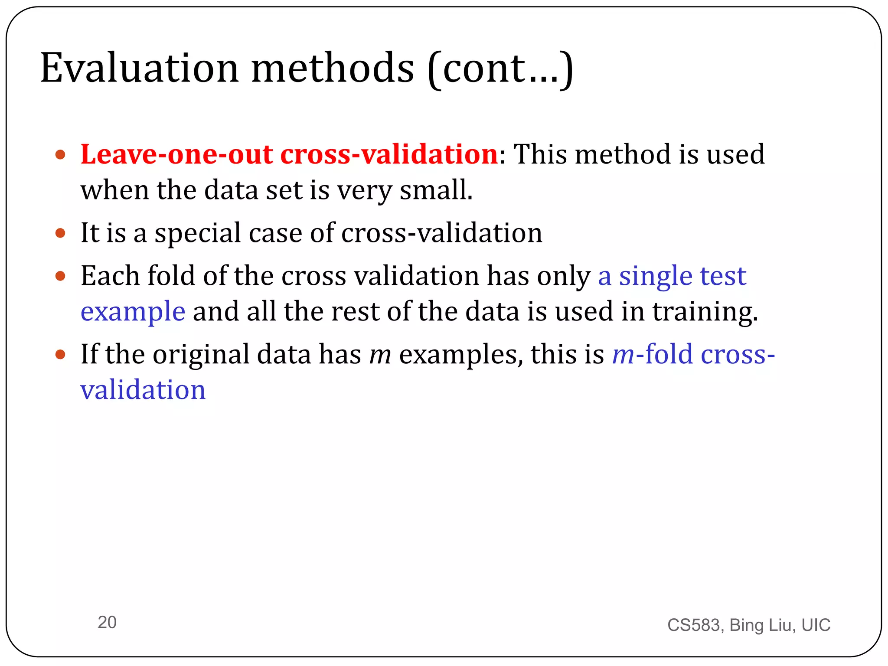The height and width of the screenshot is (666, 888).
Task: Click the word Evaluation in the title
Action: (139, 68)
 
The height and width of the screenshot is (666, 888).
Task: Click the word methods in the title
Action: (332, 68)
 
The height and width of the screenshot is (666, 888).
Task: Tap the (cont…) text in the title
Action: (500, 69)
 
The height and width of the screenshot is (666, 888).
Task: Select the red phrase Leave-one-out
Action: (177, 154)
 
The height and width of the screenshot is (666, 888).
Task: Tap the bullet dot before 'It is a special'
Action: (60, 233)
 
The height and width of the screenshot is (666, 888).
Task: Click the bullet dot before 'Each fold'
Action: (60, 276)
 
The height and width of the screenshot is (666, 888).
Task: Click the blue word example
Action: (133, 311)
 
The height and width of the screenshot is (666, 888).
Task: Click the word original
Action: (201, 355)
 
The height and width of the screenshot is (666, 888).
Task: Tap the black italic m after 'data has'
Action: (380, 355)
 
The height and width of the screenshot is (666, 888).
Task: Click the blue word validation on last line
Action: (143, 389)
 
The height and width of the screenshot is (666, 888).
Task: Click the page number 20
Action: (107, 622)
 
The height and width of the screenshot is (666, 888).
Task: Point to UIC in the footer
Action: (816, 625)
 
